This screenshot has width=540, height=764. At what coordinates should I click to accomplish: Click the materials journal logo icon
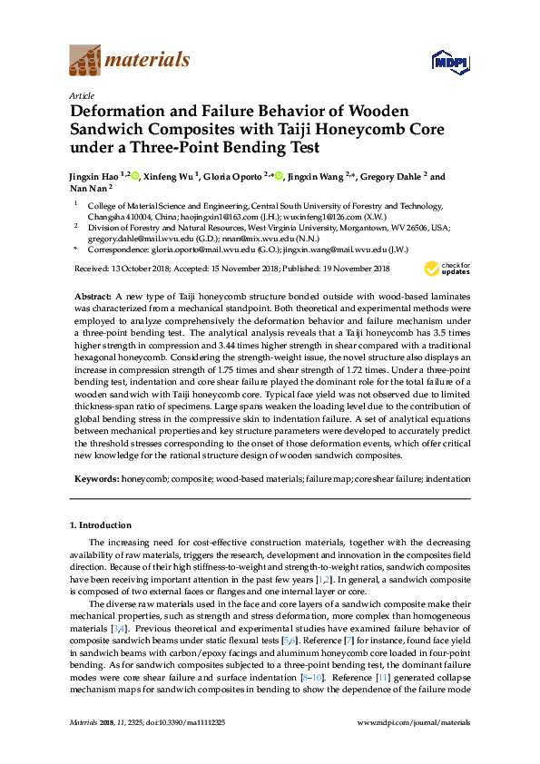(x=84, y=61)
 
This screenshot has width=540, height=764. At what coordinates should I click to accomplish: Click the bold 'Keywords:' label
(x=95, y=477)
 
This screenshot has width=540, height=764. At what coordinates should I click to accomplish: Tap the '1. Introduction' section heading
(x=100, y=525)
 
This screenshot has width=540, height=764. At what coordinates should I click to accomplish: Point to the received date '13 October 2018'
(x=144, y=269)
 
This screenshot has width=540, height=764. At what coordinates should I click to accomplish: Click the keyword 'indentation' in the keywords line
(x=449, y=477)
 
